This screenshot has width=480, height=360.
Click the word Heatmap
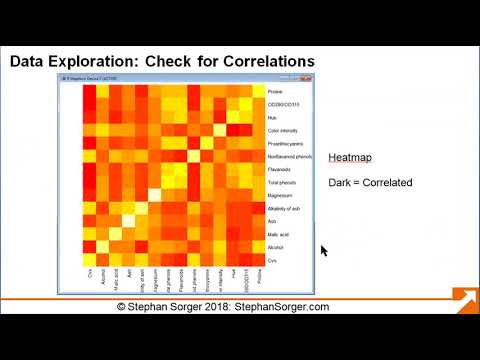[x=350, y=159]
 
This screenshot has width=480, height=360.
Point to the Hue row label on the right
[x=272, y=117]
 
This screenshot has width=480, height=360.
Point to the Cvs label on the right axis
[x=271, y=260]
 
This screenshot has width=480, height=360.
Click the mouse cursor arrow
[x=323, y=250]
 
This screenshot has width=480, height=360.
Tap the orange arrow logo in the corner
[x=464, y=301]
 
